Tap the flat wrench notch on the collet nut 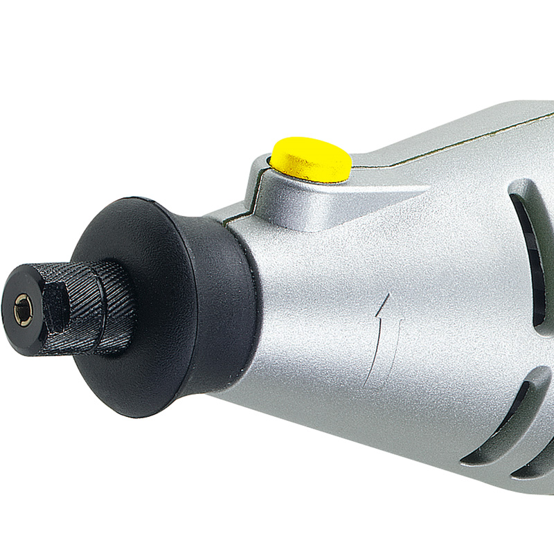55,305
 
